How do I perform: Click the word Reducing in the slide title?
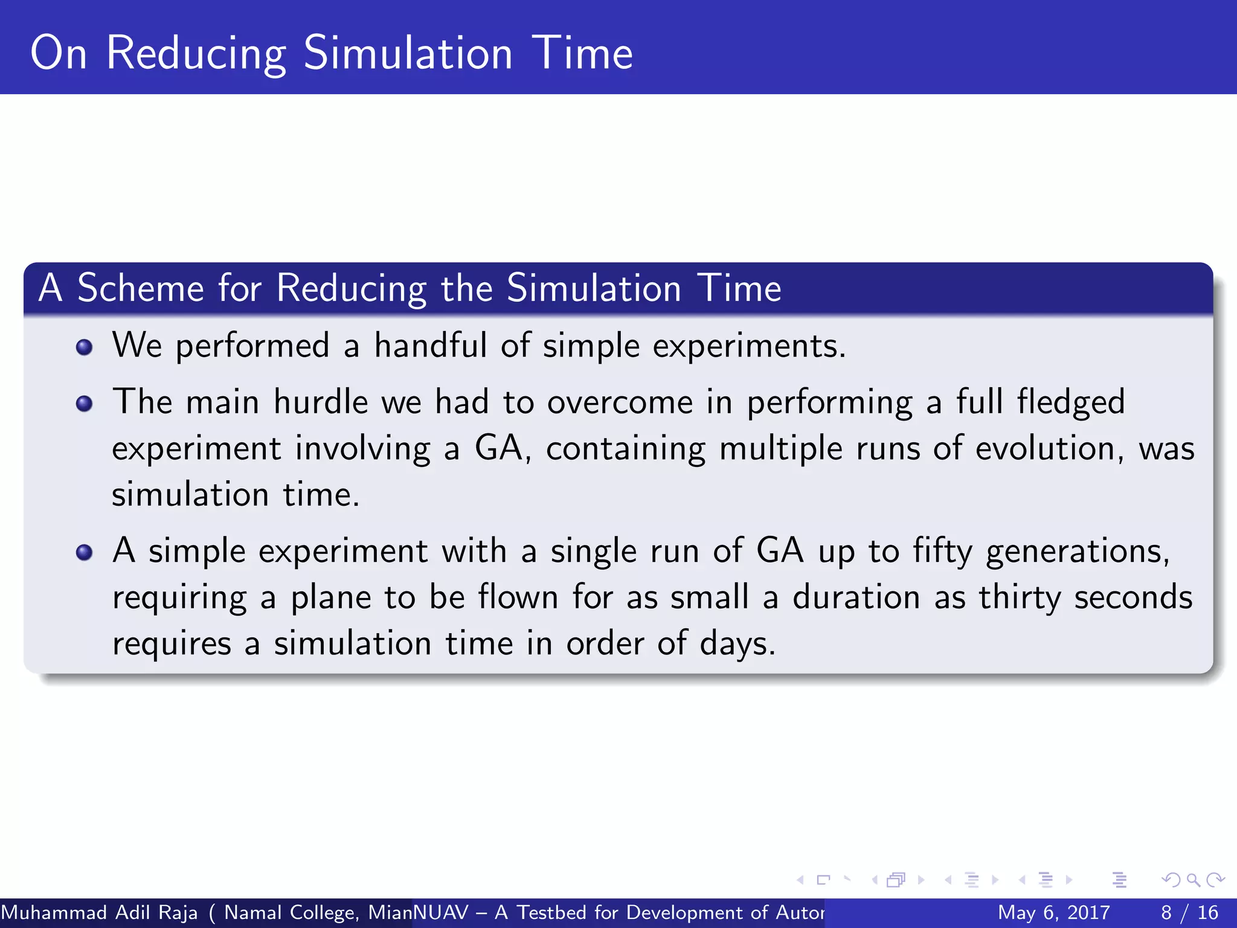(x=196, y=54)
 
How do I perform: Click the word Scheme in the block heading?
(x=140, y=288)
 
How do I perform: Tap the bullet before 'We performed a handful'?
(x=85, y=347)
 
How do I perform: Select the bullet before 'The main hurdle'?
(x=85, y=404)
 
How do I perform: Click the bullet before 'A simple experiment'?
(x=85, y=552)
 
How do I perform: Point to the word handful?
(x=430, y=346)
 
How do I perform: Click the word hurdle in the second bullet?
(x=320, y=402)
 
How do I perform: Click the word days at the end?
(x=736, y=643)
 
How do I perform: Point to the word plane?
(x=330, y=598)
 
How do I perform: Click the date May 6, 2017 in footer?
(x=1053, y=912)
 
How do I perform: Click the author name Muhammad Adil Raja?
(x=99, y=912)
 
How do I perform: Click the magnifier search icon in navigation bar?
(x=1193, y=880)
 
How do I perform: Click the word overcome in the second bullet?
(x=620, y=402)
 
